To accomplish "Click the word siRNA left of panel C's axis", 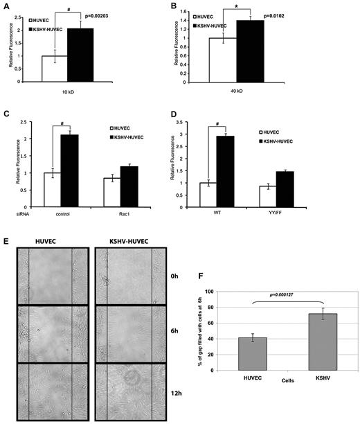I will tap(12, 215).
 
